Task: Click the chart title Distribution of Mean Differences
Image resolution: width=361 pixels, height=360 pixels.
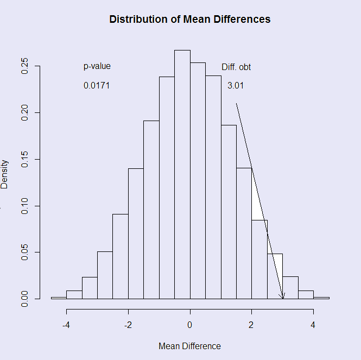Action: [x=189, y=20]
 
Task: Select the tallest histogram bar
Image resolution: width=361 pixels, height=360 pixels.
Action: [x=182, y=174]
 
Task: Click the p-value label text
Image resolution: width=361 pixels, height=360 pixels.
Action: [x=97, y=66]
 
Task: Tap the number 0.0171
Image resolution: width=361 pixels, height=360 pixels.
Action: [x=97, y=86]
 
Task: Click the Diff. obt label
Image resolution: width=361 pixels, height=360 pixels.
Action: [x=236, y=67]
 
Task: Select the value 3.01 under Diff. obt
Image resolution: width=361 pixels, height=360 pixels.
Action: [x=236, y=86]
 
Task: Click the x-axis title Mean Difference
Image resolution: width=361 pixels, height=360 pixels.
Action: [x=189, y=346]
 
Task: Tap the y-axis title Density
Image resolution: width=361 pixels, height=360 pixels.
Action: [x=5, y=174]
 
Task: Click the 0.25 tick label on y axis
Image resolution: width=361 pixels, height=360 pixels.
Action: [x=24, y=66]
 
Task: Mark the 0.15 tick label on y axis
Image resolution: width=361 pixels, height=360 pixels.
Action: [x=24, y=159]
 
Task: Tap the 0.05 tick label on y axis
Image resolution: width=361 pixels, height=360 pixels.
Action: [x=24, y=252]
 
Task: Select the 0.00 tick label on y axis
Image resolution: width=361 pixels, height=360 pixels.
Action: [x=24, y=298]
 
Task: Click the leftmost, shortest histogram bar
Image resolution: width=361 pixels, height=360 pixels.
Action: [x=59, y=298]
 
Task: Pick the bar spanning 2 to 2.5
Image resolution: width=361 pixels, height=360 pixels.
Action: [x=259, y=260]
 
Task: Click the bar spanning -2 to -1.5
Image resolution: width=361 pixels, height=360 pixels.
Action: [x=136, y=233]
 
